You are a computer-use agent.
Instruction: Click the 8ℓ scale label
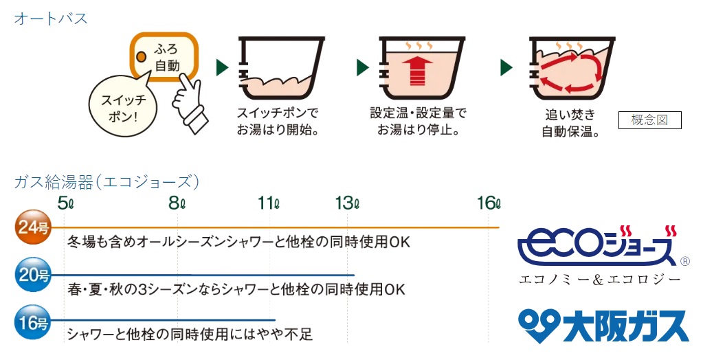178,203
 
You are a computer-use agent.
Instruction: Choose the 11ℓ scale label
269,203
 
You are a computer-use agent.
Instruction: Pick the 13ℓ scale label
348,203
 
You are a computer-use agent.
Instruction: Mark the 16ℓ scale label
489,203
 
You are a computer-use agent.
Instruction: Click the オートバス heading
52,19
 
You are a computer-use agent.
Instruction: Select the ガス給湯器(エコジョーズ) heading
107,182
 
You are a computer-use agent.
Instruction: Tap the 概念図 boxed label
649,120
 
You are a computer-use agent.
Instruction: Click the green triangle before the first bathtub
221,67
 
